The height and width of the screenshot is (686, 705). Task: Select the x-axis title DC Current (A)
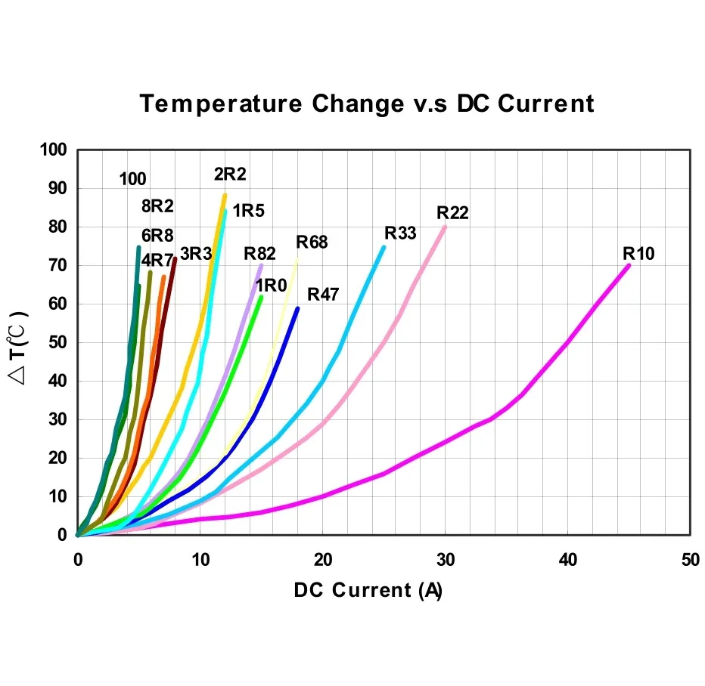(368, 590)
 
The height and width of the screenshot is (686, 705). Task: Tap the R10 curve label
(638, 253)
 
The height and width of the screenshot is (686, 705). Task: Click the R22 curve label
(452, 212)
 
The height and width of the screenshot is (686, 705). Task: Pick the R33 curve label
(400, 233)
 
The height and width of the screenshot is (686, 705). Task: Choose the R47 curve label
(323, 295)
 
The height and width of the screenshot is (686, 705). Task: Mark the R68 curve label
(312, 242)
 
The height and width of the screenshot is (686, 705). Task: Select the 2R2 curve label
(230, 175)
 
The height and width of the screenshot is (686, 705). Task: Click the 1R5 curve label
(248, 211)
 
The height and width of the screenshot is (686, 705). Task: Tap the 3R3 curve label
(195, 253)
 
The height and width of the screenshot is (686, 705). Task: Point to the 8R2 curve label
(157, 205)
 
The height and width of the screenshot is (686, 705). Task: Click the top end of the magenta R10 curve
(628, 265)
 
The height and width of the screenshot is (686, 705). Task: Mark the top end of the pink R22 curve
(444, 227)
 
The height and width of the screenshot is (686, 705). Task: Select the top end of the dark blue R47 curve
(297, 308)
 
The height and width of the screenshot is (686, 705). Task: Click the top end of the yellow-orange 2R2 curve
(225, 196)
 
